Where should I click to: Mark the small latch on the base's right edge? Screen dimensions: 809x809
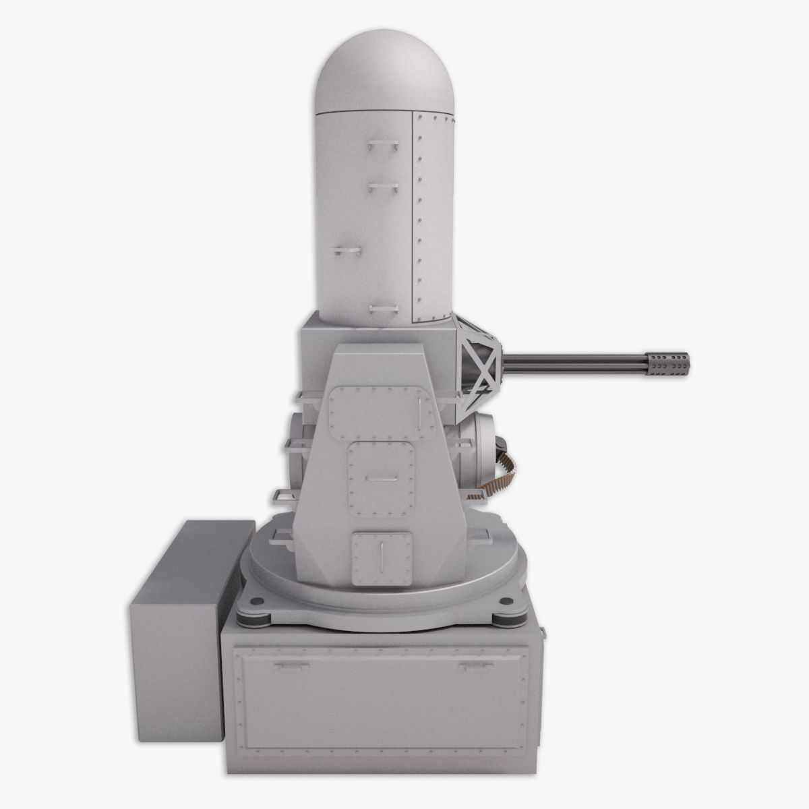click(x=543, y=632)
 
